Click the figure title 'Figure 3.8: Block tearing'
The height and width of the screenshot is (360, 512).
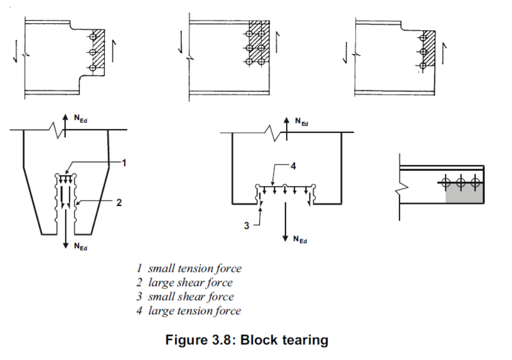[247, 340]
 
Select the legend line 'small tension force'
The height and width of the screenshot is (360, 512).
[189, 268]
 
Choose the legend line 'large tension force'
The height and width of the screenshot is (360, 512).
[188, 310]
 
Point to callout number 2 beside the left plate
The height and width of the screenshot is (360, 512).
[118, 203]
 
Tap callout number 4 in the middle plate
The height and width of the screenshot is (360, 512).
[293, 166]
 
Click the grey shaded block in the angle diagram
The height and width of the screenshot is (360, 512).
[464, 193]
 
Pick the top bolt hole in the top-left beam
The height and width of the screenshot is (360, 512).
[93, 37]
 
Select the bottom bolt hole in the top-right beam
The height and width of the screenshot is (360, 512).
[423, 66]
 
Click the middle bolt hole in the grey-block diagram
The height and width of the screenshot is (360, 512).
[461, 182]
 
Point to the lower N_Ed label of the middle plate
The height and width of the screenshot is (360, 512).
[300, 239]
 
